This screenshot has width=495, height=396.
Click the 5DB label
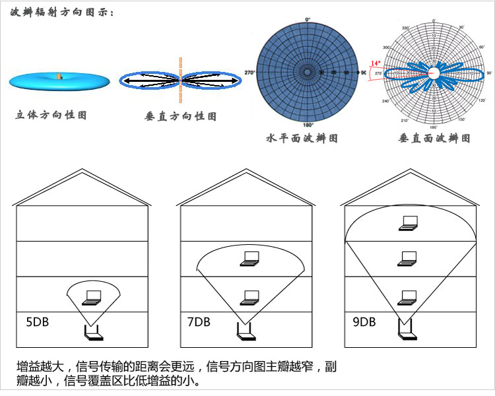[37, 323]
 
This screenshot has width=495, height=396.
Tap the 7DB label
[198, 323]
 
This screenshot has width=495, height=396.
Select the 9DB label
[364, 323]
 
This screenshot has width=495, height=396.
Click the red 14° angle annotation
[375, 63]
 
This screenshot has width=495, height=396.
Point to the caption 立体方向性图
[51, 115]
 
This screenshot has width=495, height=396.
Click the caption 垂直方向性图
[180, 116]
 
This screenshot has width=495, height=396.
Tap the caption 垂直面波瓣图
[435, 139]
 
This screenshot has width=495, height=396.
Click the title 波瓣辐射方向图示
[63, 11]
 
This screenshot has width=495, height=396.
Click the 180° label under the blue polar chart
[308, 125]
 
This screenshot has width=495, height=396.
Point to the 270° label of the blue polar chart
[249, 72]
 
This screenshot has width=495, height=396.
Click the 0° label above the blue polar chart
[308, 19]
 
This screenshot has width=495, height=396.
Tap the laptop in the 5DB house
[92, 298]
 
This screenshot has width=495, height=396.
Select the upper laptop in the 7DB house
[249, 259]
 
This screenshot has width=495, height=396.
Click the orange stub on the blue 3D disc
[59, 76]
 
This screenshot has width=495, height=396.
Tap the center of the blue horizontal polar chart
[308, 72]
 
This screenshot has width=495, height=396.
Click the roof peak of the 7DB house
[245, 170]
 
